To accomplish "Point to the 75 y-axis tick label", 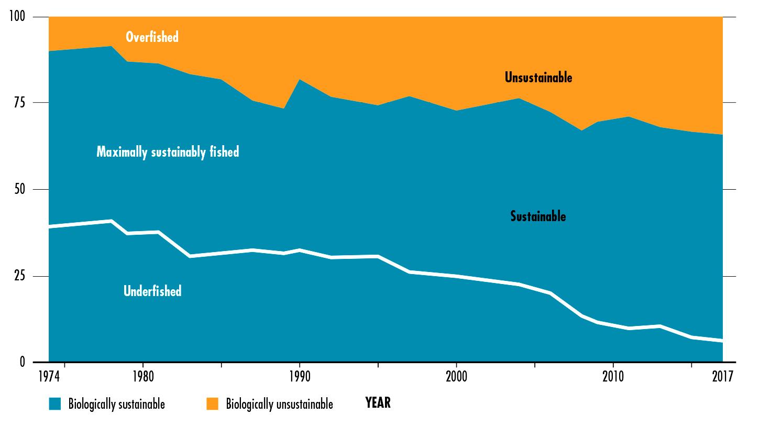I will coord(20,103).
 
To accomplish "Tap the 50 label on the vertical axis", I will coord(20,189).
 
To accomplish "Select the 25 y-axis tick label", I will coord(20,276).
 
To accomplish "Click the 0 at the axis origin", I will coord(23,362).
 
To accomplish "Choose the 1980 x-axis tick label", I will coord(143,376).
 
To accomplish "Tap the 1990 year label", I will coord(300,376).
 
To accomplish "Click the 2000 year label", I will coord(456,376).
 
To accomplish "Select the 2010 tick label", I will coord(613,376).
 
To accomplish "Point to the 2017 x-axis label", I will coord(722,376).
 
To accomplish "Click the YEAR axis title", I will coord(378,403).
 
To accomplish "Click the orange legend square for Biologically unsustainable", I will coord(212,404).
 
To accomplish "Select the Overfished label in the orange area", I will coord(152,37).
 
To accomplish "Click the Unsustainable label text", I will coord(538,78).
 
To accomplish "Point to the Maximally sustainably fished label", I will coord(168,152).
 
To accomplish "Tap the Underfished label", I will coord(152,291).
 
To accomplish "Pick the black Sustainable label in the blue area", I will coord(538,216).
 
